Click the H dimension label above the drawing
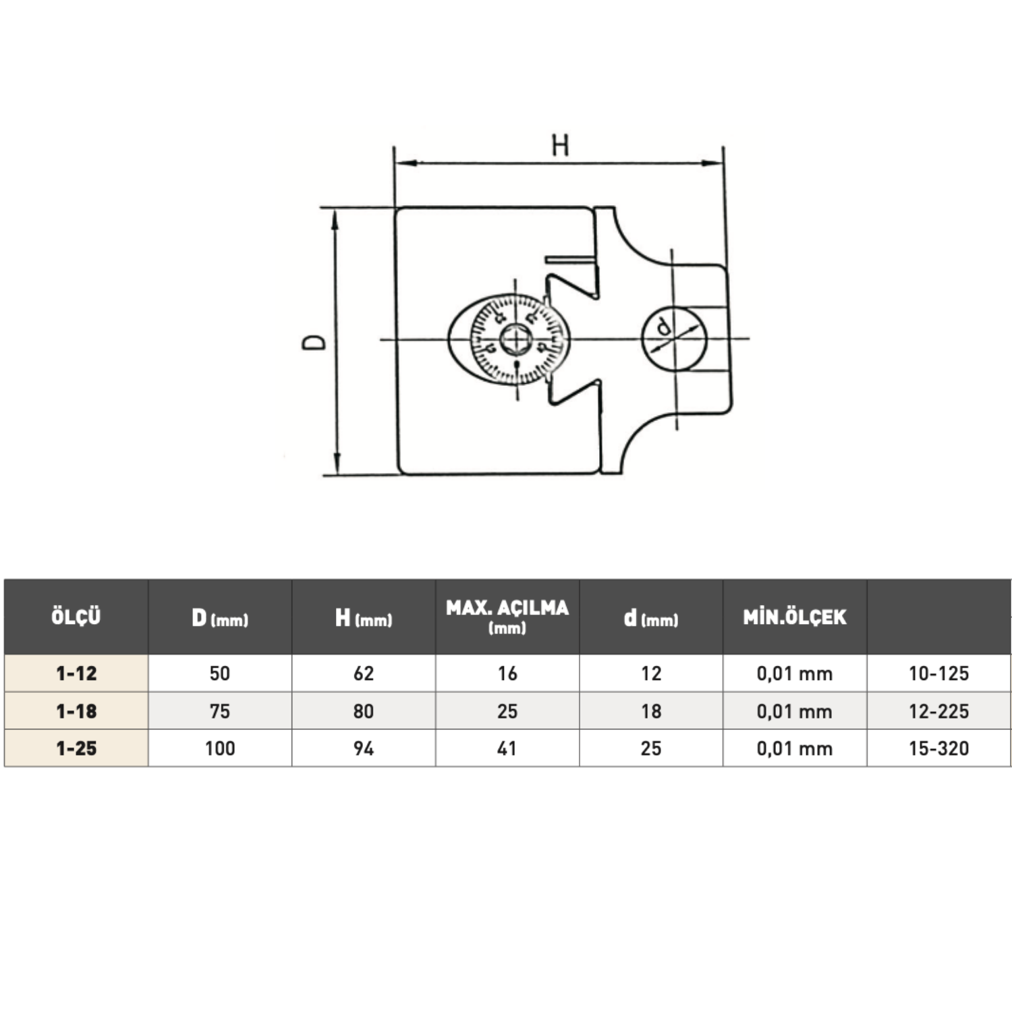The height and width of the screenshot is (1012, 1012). click(x=560, y=145)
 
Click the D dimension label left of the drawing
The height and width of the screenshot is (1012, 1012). click(x=314, y=342)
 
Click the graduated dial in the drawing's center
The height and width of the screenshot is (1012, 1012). click(x=516, y=339)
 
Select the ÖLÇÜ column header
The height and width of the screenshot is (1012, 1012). click(x=76, y=617)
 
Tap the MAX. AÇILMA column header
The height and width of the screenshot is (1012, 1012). click(x=507, y=616)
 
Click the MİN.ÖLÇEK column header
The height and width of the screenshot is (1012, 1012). click(x=795, y=617)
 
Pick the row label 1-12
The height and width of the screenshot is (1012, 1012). click(x=76, y=673)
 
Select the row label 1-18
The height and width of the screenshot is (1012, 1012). click(x=76, y=711)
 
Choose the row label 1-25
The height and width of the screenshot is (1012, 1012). click(x=76, y=748)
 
